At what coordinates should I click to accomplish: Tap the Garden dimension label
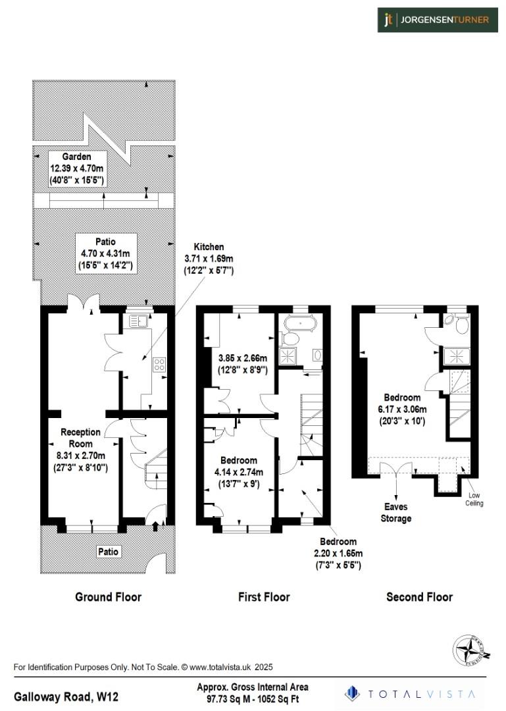pyautogui.click(x=76, y=168)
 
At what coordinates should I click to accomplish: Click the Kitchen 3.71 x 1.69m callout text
pyautogui.click(x=208, y=259)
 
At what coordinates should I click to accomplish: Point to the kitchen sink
pyautogui.click(x=138, y=321)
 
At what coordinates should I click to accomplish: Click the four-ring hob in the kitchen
pyautogui.click(x=159, y=364)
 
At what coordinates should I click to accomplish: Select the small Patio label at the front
pyautogui.click(x=108, y=551)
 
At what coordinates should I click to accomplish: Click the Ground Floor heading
pyautogui.click(x=109, y=597)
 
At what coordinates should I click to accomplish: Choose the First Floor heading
pyautogui.click(x=264, y=597)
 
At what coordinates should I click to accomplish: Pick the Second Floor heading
pyautogui.click(x=419, y=597)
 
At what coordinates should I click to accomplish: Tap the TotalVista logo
pyautogui.click(x=412, y=694)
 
